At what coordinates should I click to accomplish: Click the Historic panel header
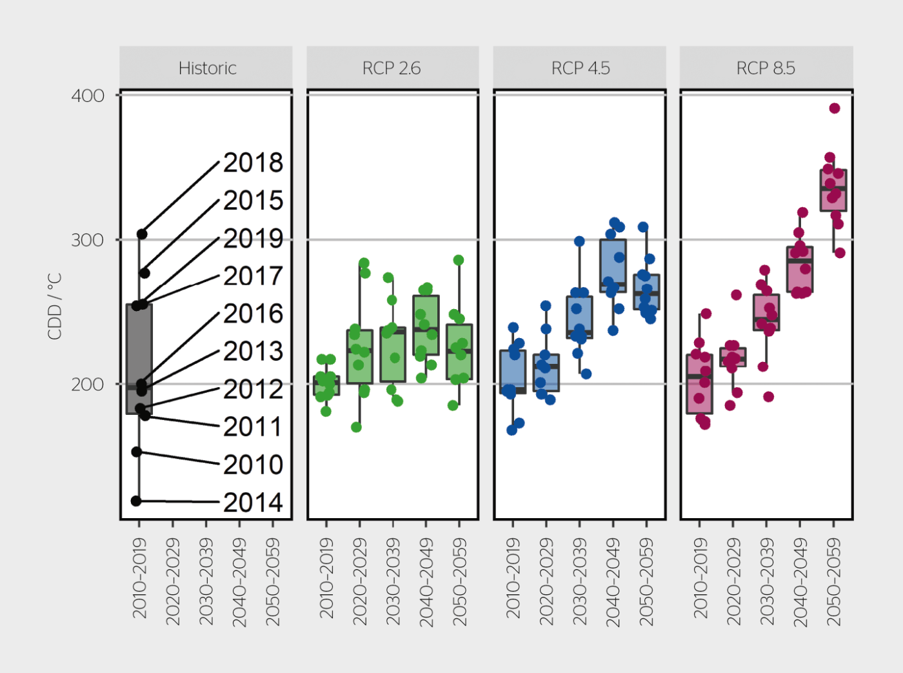pyautogui.click(x=206, y=68)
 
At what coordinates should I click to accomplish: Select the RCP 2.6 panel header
pyautogui.click(x=392, y=68)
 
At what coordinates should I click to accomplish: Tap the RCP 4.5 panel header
pyautogui.click(x=580, y=68)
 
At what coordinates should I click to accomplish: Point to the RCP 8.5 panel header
pyautogui.click(x=766, y=68)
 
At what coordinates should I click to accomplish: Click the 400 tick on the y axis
pyautogui.click(x=88, y=95)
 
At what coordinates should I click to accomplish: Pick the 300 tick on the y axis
pyautogui.click(x=88, y=240)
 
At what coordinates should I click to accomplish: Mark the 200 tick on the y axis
pyautogui.click(x=88, y=385)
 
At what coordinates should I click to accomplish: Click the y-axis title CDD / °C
pyautogui.click(x=55, y=306)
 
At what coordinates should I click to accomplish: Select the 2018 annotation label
pyautogui.click(x=253, y=163)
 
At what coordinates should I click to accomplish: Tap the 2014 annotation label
pyautogui.click(x=253, y=503)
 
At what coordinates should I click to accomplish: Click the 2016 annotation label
pyautogui.click(x=253, y=314)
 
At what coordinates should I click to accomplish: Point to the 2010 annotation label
pyautogui.click(x=253, y=465)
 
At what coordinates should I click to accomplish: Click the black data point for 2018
pyautogui.click(x=142, y=234)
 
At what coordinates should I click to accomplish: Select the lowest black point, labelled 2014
pyautogui.click(x=136, y=501)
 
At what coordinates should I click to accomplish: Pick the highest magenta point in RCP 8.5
pyautogui.click(x=835, y=108)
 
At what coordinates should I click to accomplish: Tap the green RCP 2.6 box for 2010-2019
pyautogui.click(x=326, y=386)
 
